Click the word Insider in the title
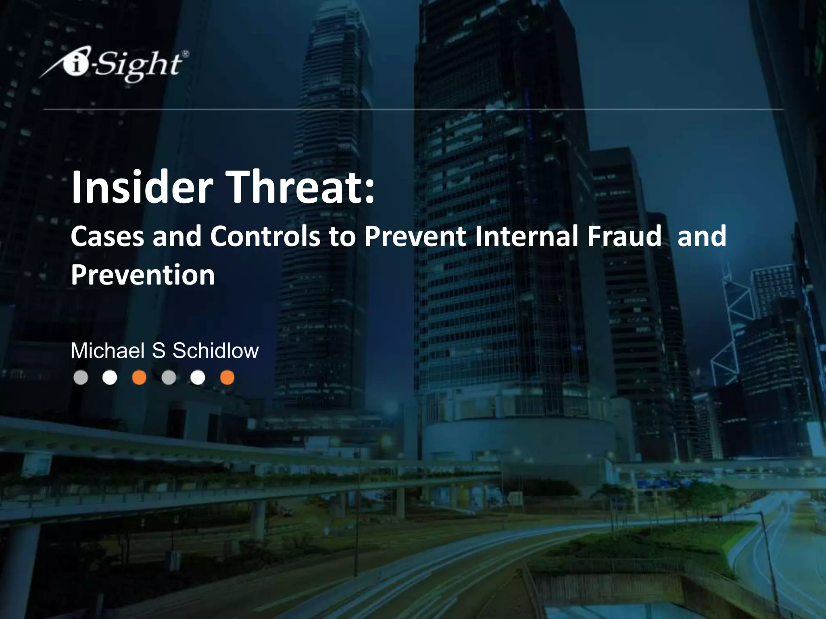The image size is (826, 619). click(142, 187)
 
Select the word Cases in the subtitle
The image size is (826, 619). click(107, 237)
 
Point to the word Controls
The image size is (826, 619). click(265, 237)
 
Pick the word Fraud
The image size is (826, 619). click(624, 237)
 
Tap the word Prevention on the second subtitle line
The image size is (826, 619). click(143, 276)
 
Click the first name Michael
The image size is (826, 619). click(107, 351)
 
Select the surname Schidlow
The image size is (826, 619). click(215, 351)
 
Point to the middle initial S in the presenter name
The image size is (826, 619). click(159, 351)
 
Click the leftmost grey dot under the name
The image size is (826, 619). click(81, 378)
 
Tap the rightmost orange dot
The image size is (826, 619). click(227, 378)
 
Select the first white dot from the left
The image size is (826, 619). click(110, 378)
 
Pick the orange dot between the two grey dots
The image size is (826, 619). click(139, 378)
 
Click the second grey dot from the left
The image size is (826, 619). click(169, 378)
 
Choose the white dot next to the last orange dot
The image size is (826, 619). click(198, 378)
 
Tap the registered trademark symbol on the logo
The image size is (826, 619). click(185, 54)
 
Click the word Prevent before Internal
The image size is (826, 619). click(415, 237)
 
